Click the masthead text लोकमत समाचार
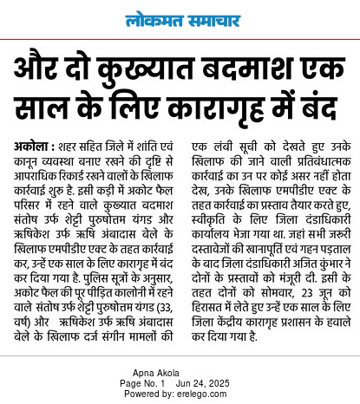click(x=180, y=18)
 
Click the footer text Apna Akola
click(x=180, y=372)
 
